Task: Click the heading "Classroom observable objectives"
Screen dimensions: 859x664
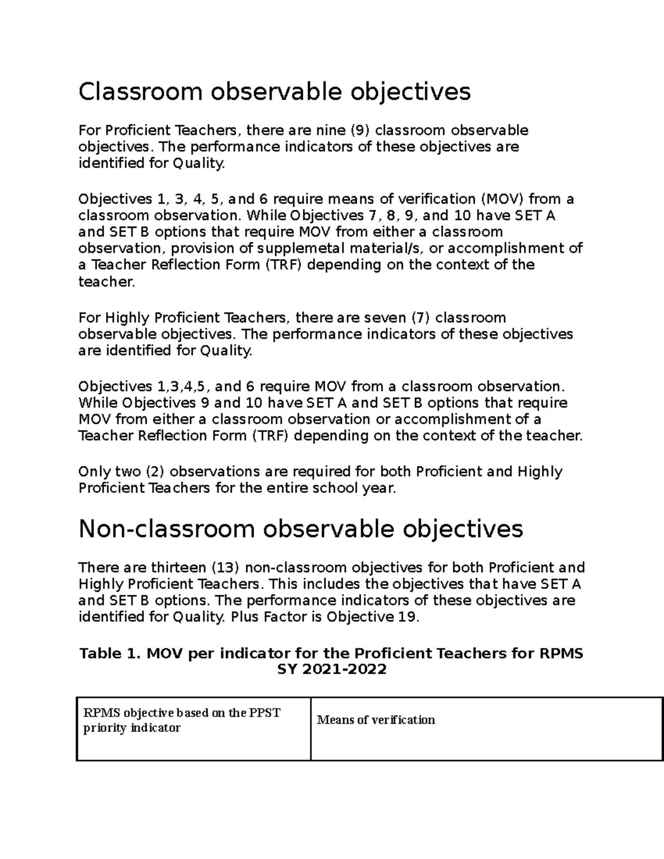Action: coord(274,91)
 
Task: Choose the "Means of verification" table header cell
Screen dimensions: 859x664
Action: coord(376,720)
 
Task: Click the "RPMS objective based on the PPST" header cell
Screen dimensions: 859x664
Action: coord(181,712)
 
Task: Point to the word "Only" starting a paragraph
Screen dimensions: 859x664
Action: coord(95,472)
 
